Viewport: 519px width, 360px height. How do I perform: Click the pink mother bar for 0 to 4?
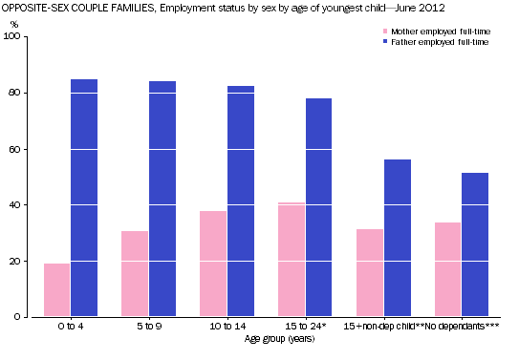coord(57,290)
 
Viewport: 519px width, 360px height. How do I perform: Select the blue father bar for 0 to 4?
coord(84,198)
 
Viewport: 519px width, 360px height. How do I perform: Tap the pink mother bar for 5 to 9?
coord(135,273)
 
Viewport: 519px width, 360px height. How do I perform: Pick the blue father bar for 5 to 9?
coord(162,199)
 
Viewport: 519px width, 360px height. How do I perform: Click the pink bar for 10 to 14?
coord(213,264)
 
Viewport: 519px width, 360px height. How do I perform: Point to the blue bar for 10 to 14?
coord(241,201)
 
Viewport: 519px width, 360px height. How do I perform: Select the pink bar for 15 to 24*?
coord(292,259)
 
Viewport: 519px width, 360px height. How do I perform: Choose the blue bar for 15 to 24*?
coord(319,207)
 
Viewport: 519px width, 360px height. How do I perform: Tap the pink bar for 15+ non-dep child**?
coord(370,273)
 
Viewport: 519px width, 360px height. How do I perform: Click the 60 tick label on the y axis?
coord(23,149)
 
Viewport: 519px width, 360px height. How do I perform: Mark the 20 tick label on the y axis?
coord(23,261)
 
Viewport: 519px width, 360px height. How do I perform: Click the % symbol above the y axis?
coord(14,23)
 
